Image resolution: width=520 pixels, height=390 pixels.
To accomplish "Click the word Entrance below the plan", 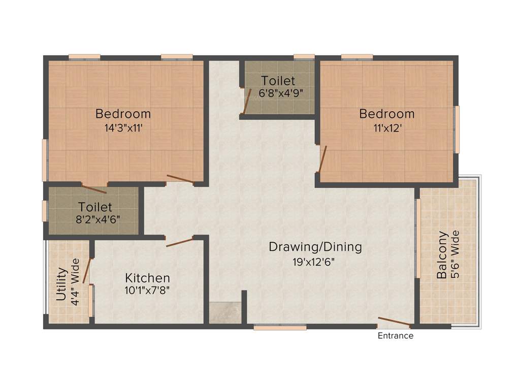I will click(395, 336).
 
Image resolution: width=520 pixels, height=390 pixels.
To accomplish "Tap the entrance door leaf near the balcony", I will click(394, 321).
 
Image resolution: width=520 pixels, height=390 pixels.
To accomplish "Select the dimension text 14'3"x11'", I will click(123, 128).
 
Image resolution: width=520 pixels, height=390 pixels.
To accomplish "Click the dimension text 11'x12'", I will click(386, 128).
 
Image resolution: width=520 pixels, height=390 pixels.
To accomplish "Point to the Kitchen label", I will click(148, 278).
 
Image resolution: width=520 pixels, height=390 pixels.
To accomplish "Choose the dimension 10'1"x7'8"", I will click(148, 290).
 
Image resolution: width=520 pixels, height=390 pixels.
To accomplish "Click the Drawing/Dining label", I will click(315, 247).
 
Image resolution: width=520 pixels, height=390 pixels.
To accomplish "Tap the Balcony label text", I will click(442, 255).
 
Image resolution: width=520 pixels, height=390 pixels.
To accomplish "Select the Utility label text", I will click(61, 284).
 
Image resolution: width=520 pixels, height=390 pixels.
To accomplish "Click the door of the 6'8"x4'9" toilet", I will click(247, 101).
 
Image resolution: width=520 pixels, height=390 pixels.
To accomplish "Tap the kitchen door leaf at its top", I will click(180, 241).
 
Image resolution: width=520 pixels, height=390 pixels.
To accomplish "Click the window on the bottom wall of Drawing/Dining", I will click(280, 328).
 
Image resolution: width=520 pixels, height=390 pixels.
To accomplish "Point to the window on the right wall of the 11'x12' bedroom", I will click(457, 129).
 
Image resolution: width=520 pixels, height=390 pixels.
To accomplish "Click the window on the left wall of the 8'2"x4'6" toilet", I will click(45, 211).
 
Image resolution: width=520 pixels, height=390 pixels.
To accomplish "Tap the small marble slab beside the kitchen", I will click(225, 313).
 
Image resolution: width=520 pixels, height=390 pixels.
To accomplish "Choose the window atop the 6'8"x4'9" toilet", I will click(304, 57).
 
